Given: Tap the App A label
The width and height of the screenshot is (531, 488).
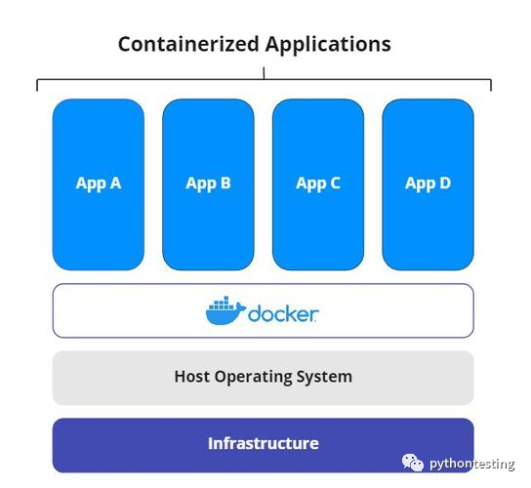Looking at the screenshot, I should [98, 183].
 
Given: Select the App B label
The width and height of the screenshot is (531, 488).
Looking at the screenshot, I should [208, 183].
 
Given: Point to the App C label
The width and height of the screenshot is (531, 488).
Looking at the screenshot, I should [317, 183].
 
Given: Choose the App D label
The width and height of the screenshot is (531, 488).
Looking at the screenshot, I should [428, 183].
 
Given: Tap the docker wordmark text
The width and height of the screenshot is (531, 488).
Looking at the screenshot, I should [282, 313].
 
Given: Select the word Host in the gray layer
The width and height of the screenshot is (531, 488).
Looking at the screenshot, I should [192, 376].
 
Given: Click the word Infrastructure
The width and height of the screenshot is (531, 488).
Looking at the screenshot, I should [263, 443].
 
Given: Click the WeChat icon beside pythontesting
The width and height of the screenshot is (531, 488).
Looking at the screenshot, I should [415, 464].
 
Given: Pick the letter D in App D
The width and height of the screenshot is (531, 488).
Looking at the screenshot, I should [444, 183].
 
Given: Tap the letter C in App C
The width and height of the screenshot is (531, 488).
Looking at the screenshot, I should [334, 183].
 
